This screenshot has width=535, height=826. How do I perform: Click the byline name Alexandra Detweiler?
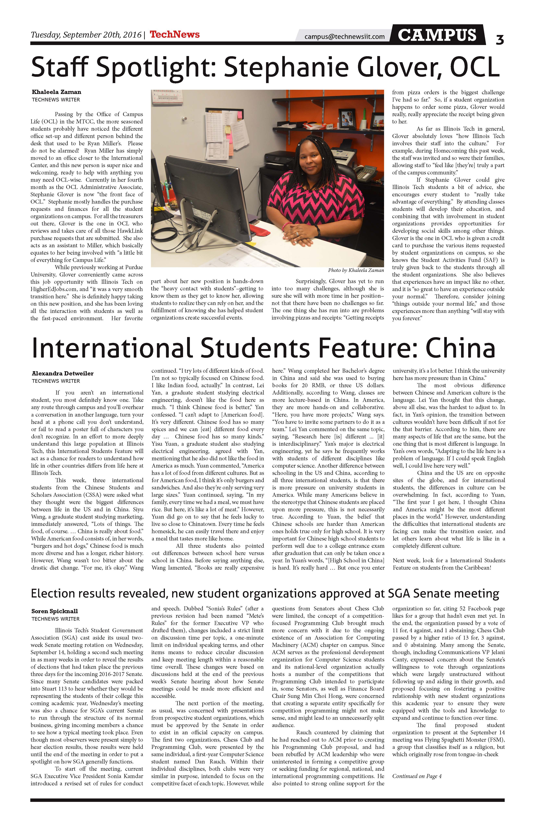point(63,373)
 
